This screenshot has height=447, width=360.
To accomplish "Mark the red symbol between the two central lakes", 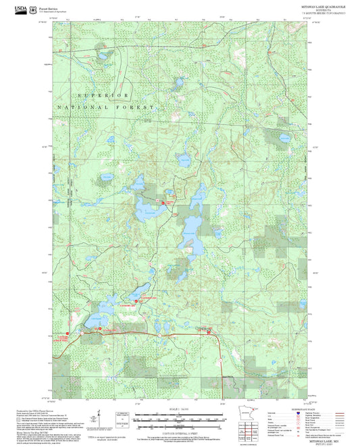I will click(162, 202).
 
